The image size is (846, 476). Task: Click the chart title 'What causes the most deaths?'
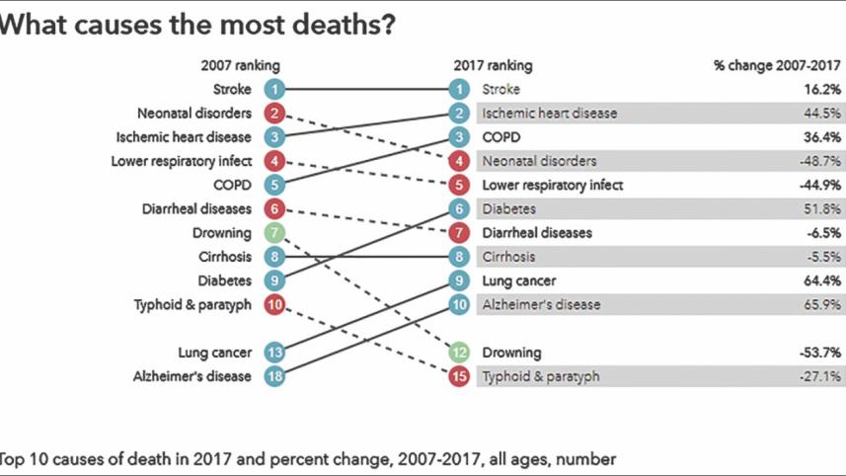pyautogui.click(x=197, y=25)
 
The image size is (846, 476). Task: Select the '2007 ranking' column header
pyautogui.click(x=241, y=66)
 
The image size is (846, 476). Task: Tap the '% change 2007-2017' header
pyautogui.click(x=777, y=66)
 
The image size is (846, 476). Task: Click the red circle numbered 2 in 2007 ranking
pyautogui.click(x=275, y=114)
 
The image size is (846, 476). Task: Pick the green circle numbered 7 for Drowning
pyautogui.click(x=275, y=233)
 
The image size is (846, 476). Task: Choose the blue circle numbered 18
pyautogui.click(x=275, y=376)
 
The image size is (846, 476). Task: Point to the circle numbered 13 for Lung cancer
pyautogui.click(x=275, y=353)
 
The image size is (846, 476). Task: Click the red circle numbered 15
pyautogui.click(x=459, y=376)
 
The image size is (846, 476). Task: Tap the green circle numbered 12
pyautogui.click(x=459, y=353)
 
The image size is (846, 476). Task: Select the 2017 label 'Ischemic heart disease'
pyautogui.click(x=549, y=114)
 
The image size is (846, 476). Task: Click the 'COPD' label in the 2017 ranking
pyautogui.click(x=501, y=137)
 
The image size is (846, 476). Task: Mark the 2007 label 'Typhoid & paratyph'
pyautogui.click(x=192, y=305)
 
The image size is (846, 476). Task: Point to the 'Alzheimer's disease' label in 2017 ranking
pyautogui.click(x=541, y=305)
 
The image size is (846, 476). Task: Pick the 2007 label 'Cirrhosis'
pyautogui.click(x=224, y=257)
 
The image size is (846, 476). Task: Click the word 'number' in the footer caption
pyautogui.click(x=590, y=459)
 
